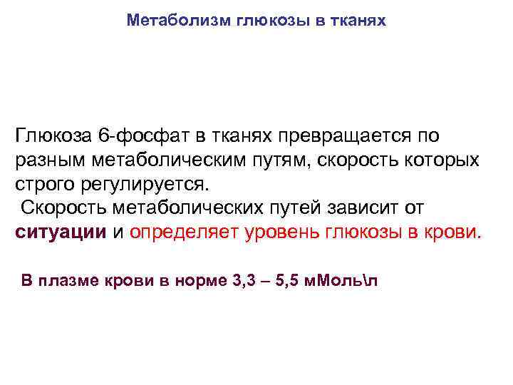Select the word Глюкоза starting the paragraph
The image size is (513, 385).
click(51, 135)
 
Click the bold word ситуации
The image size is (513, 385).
click(61, 232)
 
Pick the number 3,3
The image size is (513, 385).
click(244, 280)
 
